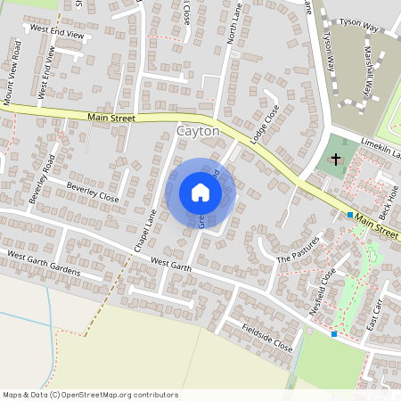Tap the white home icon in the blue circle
click(x=200, y=192)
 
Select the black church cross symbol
click(x=336, y=160)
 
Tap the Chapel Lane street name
click(x=145, y=227)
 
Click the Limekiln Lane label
click(x=381, y=153)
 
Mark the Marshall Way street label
click(x=366, y=71)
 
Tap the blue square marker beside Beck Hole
click(x=350, y=215)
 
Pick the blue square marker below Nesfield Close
click(x=334, y=334)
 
